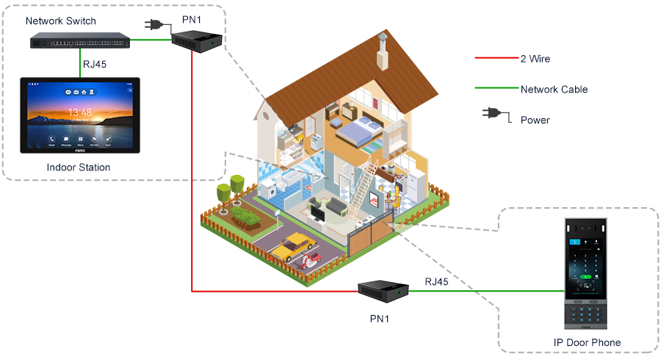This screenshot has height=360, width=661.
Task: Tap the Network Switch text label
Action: point(61,21)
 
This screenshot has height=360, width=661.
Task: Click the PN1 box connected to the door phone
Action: point(383,292)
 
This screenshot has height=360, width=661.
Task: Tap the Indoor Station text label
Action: point(79,168)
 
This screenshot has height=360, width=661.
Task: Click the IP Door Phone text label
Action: point(587,342)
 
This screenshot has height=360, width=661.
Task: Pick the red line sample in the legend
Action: point(495,58)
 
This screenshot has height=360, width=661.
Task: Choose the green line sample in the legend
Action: point(495,89)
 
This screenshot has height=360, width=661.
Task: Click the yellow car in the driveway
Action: point(291,245)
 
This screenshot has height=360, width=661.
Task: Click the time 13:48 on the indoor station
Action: point(79,112)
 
